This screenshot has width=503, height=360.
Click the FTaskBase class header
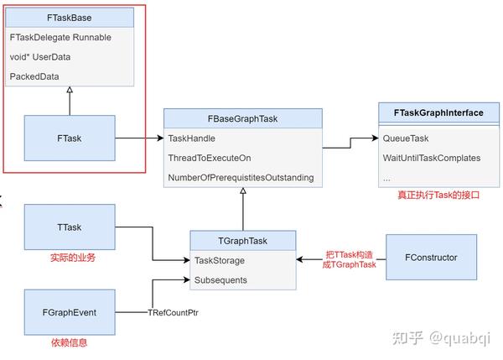[x=70, y=18]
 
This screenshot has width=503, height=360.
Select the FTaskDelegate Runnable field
[x=60, y=38]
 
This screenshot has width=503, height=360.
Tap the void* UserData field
[x=39, y=57]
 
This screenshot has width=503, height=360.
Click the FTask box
[x=69, y=138]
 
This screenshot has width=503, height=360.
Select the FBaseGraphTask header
[x=242, y=118]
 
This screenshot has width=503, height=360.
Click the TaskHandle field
[x=192, y=138]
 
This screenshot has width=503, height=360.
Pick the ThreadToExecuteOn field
[x=210, y=158]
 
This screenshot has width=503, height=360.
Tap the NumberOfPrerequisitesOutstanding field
[x=241, y=177]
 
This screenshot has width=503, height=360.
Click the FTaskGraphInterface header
[x=438, y=113]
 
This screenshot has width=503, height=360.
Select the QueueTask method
[x=406, y=138]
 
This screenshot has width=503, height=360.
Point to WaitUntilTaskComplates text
[x=431, y=158]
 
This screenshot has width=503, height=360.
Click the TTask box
[x=69, y=227]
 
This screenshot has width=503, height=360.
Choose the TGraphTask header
[x=242, y=241]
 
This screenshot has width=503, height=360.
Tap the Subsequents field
[x=220, y=280]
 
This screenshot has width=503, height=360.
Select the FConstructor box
[x=431, y=257]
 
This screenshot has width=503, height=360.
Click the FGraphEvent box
[x=69, y=312]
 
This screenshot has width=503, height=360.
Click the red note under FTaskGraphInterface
[x=438, y=194]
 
